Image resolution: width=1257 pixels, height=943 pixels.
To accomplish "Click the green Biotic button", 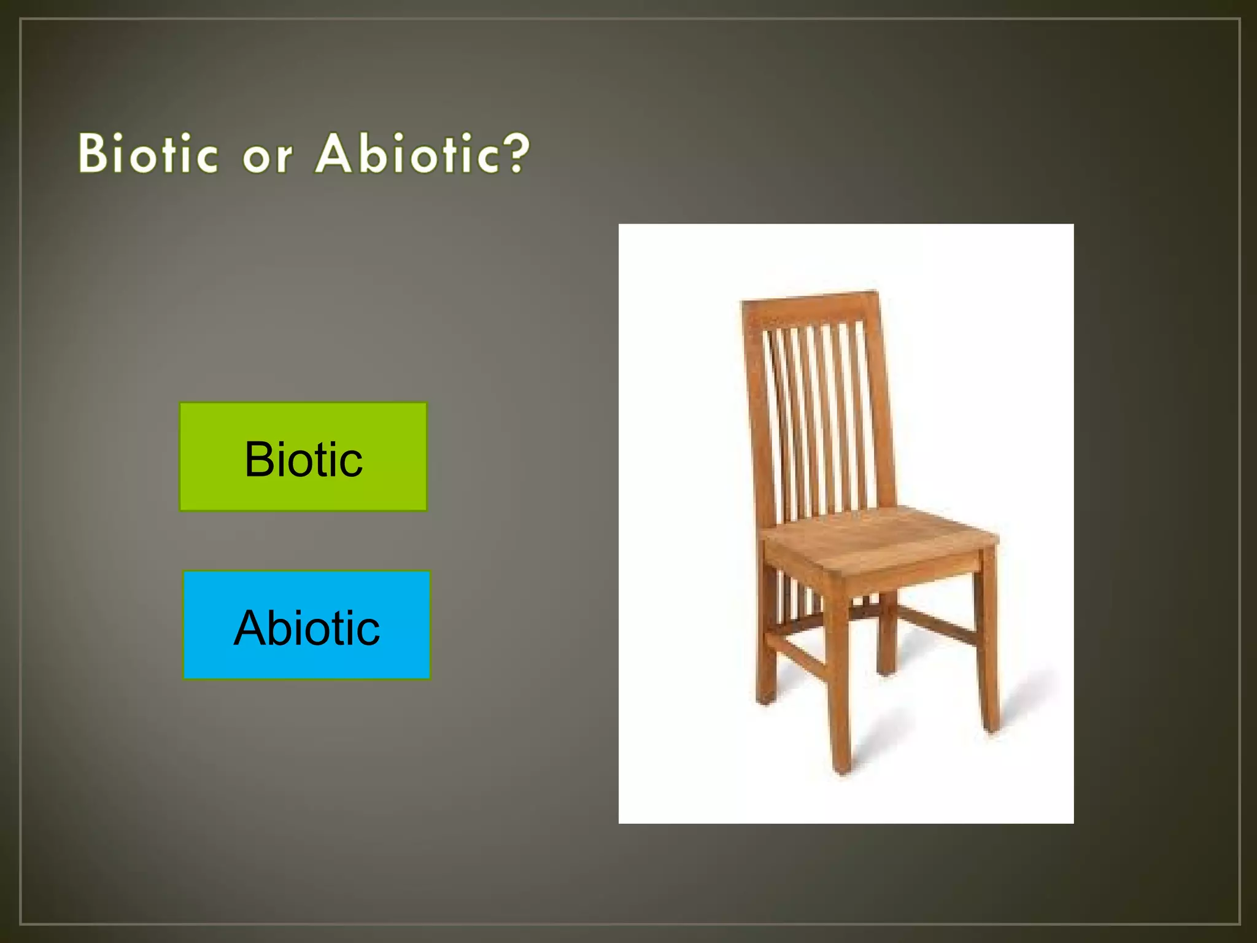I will tap(303, 457).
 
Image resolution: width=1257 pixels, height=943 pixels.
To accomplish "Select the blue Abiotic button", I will tap(306, 625).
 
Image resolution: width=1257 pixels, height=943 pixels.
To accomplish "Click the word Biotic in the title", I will tap(148, 153).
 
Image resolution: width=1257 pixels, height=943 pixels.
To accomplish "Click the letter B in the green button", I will tap(258, 459).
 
